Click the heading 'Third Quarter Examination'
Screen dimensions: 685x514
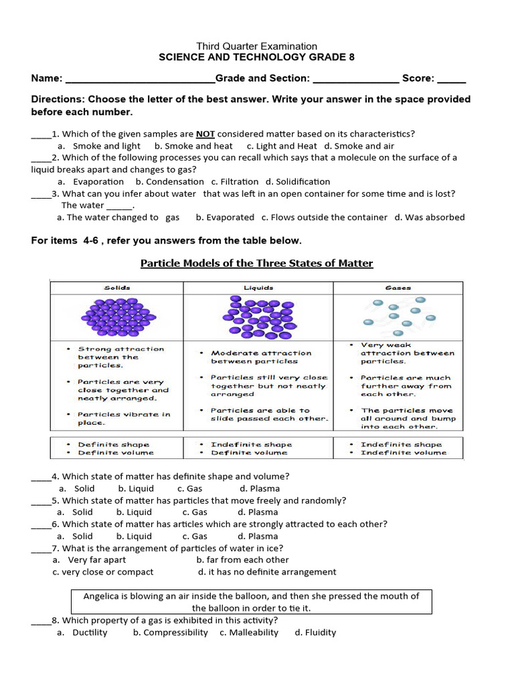tap(256, 46)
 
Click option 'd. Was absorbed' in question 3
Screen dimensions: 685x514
tap(429, 217)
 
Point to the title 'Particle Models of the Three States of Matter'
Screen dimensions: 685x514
tap(256, 263)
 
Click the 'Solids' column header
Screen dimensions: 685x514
tap(117, 288)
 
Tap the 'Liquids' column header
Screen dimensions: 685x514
tap(258, 288)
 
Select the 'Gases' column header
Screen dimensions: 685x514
tap(398, 288)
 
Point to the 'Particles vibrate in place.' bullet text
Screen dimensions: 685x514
tap(124, 418)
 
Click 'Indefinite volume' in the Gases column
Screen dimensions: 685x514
tap(403, 453)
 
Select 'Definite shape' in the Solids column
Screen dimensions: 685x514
tap(114, 444)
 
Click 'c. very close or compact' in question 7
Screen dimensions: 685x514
tap(103, 572)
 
